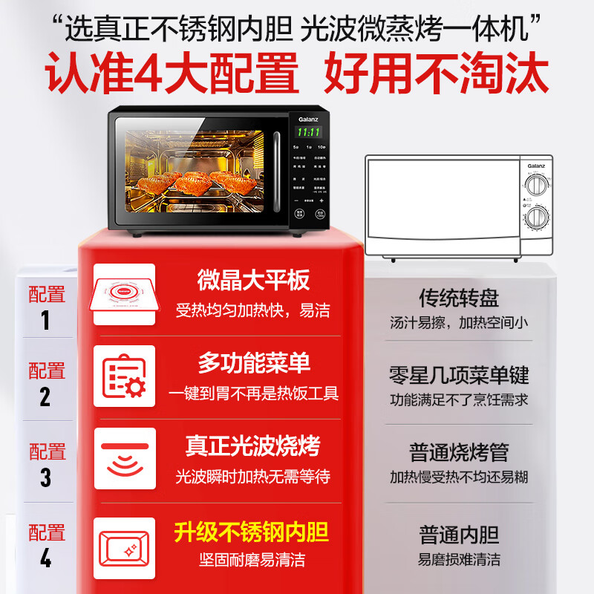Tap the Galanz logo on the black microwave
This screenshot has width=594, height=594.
pyautogui.click(x=307, y=118)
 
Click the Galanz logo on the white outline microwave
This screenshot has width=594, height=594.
pyautogui.click(x=536, y=166)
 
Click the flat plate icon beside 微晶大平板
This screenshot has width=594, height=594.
pyautogui.click(x=124, y=295)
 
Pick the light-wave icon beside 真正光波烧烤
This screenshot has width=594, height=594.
pyautogui.click(x=124, y=458)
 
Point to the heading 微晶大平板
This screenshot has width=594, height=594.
pyautogui.click(x=252, y=281)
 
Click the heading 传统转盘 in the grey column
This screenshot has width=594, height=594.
pyautogui.click(x=459, y=299)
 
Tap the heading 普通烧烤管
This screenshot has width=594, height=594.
pyautogui.click(x=459, y=452)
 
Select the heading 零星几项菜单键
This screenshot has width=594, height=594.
pyautogui.click(x=459, y=375)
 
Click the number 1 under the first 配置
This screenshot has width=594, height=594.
pyautogui.click(x=45, y=320)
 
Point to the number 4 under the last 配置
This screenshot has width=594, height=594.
pyautogui.click(x=45, y=558)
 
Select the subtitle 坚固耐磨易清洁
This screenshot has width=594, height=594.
pyautogui.click(x=251, y=560)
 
